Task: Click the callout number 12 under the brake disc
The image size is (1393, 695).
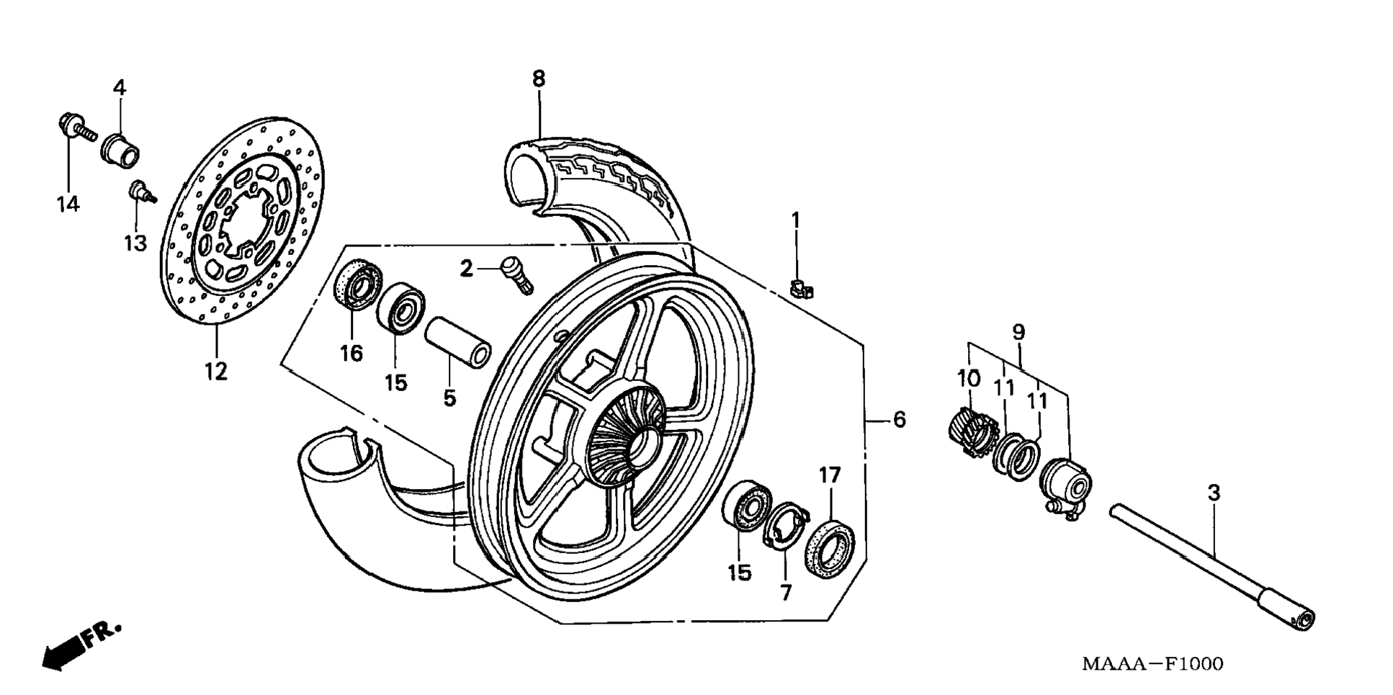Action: (x=216, y=372)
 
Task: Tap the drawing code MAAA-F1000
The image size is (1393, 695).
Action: (x=1152, y=663)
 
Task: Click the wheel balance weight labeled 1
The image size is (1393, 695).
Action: (x=801, y=290)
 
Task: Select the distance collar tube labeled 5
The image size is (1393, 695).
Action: (x=458, y=344)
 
